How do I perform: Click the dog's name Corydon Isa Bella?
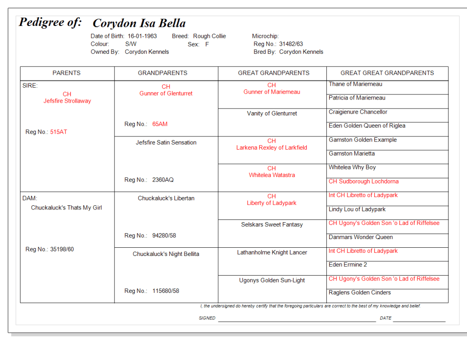[139, 23]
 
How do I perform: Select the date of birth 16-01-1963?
[142, 36]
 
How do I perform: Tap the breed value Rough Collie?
[209, 36]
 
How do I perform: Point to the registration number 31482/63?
[291, 44]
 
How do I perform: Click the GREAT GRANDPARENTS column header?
[273, 73]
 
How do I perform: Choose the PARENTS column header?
[67, 73]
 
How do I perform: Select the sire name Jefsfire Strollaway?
[67, 101]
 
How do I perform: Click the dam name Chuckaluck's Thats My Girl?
[66, 208]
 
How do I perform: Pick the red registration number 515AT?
[58, 132]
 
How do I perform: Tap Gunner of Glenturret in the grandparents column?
[166, 94]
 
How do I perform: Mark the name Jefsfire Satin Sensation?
[166, 142]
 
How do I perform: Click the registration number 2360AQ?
[163, 180]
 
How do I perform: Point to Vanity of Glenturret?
[272, 114]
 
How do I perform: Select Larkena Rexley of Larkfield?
[272, 147]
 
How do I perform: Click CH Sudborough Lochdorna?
[363, 181]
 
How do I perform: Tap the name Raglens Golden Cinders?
[360, 292]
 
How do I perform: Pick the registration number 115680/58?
[166, 291]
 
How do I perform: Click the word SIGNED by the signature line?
[207, 318]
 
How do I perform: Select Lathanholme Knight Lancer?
[272, 252]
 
